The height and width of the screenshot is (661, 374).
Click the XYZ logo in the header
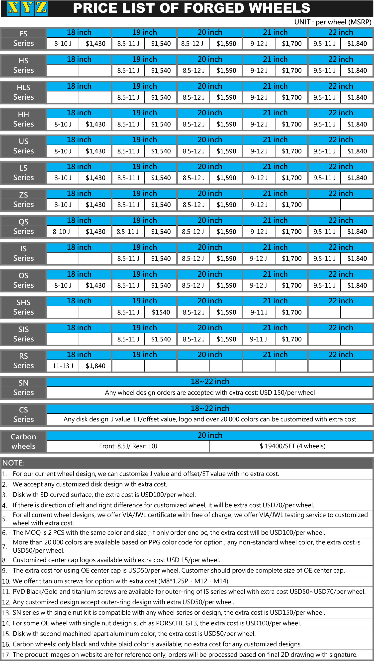tap(27, 8)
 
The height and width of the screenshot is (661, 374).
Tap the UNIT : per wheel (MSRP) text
tap(333, 22)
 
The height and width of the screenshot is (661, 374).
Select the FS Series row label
tap(23, 39)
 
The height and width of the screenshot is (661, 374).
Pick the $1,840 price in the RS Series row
tap(95, 366)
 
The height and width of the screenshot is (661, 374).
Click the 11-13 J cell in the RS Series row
tap(63, 366)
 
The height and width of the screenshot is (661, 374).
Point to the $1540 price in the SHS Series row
tap(161, 312)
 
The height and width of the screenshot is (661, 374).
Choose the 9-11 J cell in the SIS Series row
tap(258, 339)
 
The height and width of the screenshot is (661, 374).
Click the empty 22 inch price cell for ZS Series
tap(357, 204)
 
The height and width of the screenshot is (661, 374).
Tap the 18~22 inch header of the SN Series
tap(210, 382)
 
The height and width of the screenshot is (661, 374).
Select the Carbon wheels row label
tap(23, 441)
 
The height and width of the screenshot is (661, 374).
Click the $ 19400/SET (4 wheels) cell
tap(292, 446)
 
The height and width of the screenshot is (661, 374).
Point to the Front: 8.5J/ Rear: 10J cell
tap(128, 446)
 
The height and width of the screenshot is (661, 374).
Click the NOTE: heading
tap(13, 463)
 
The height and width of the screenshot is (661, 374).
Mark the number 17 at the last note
tap(6, 655)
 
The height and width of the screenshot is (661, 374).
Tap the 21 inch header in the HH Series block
tap(275, 113)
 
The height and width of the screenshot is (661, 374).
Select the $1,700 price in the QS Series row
tap(291, 231)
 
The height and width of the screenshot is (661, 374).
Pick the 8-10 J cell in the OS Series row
tap(63, 285)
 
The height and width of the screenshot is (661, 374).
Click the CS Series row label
tap(23, 414)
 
